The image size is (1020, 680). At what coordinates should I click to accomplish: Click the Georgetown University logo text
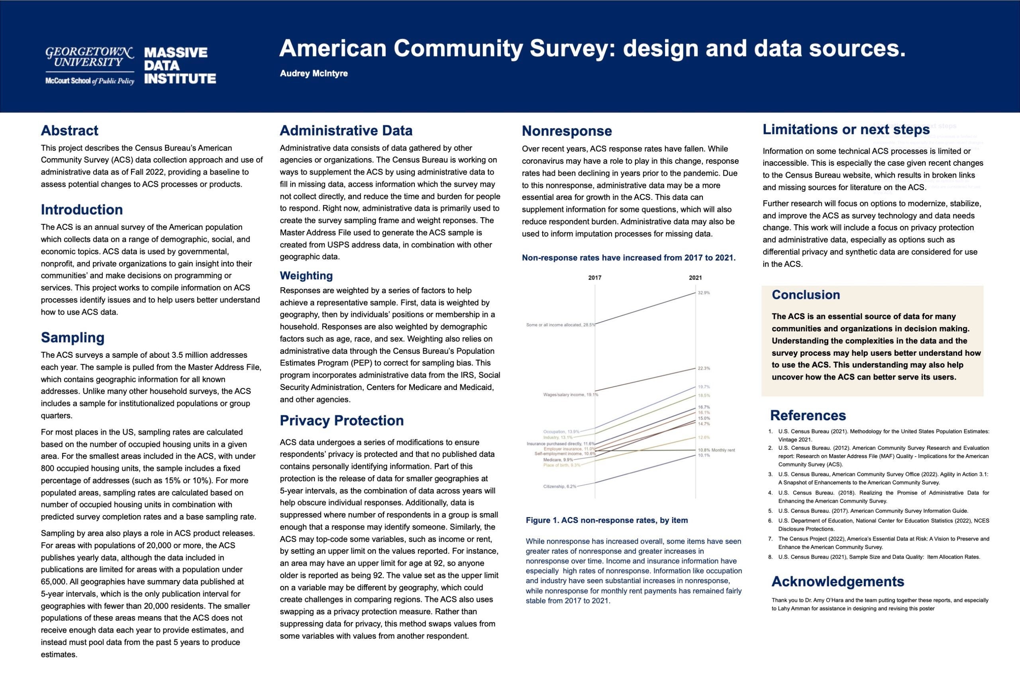(89, 57)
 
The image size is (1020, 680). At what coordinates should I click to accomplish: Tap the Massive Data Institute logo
(180, 65)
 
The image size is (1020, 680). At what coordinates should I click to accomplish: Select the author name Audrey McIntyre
(314, 73)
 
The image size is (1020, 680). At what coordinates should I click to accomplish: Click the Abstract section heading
(69, 131)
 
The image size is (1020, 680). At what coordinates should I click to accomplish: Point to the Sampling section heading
(73, 337)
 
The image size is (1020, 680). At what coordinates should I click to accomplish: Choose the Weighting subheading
(306, 275)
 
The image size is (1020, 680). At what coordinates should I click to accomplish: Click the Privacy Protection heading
(342, 420)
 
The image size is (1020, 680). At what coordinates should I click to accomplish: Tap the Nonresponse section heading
(567, 131)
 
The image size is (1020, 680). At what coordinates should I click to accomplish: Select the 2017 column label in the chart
(594, 278)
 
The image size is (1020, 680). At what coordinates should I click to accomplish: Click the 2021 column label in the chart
(695, 278)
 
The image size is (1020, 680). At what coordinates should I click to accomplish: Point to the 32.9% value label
(704, 293)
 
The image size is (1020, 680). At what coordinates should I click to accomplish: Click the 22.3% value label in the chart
(704, 368)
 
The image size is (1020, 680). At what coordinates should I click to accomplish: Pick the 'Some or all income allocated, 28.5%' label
(560, 325)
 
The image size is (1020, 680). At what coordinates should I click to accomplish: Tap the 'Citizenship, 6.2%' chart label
(560, 486)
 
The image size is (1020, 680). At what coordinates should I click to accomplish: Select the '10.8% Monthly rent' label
(716, 450)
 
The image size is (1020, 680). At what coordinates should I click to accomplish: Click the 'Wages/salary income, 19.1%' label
(570, 395)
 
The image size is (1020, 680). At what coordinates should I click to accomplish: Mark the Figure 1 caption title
(607, 520)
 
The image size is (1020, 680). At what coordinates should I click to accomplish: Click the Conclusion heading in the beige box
(806, 295)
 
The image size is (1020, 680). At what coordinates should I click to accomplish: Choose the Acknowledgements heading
(838, 582)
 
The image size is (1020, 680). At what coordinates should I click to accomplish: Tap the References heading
(808, 415)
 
